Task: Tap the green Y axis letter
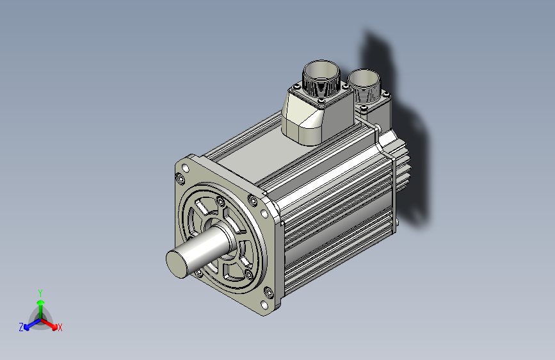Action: [40, 293]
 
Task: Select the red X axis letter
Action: [60, 327]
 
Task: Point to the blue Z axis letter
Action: [21, 327]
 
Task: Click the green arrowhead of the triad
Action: [41, 302]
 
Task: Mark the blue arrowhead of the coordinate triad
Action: [27, 327]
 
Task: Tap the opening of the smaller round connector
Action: [364, 78]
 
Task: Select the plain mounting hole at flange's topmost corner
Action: [186, 168]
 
